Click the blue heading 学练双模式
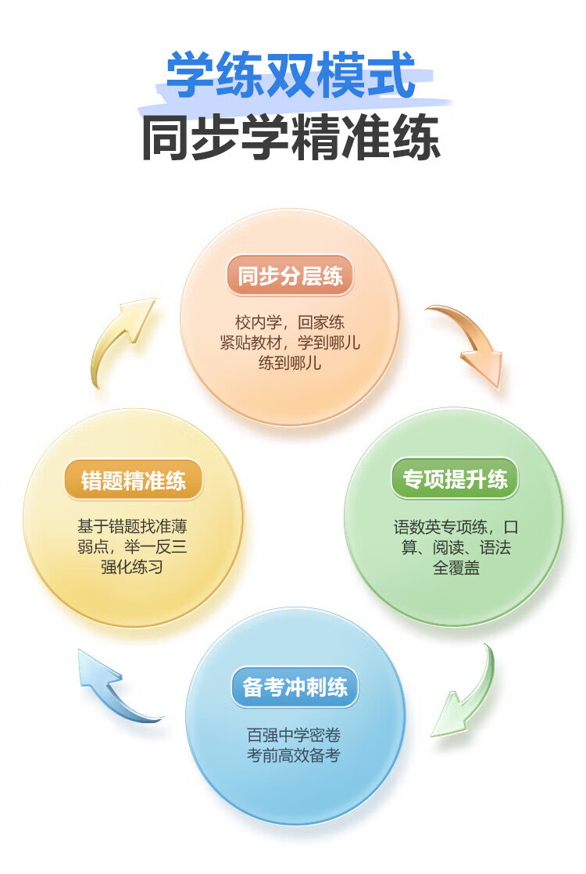[291, 74]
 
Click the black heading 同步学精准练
[291, 137]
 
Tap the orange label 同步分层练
[290, 276]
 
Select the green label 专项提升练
[455, 479]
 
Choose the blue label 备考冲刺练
[295, 686]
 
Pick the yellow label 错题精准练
[133, 481]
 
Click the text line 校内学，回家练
[290, 322]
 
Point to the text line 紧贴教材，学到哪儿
[290, 342]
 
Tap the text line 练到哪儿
[290, 363]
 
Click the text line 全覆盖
[456, 568]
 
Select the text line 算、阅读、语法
[456, 547]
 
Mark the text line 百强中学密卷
[294, 735]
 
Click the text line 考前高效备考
[294, 755]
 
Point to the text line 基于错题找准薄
[132, 526]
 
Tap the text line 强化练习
[132, 567]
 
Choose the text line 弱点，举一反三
[132, 546]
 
